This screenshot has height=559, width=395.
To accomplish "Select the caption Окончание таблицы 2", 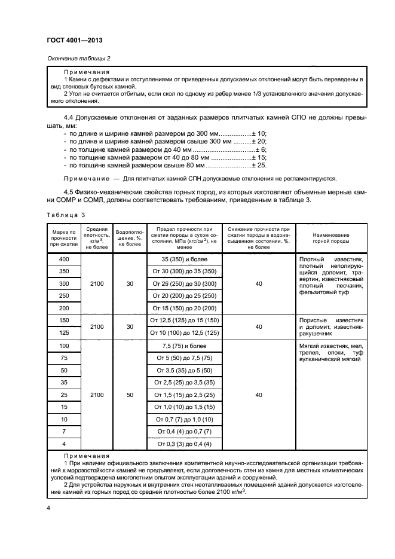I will [x=78, y=58].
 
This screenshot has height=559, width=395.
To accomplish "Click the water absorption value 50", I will [x=130, y=395].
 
